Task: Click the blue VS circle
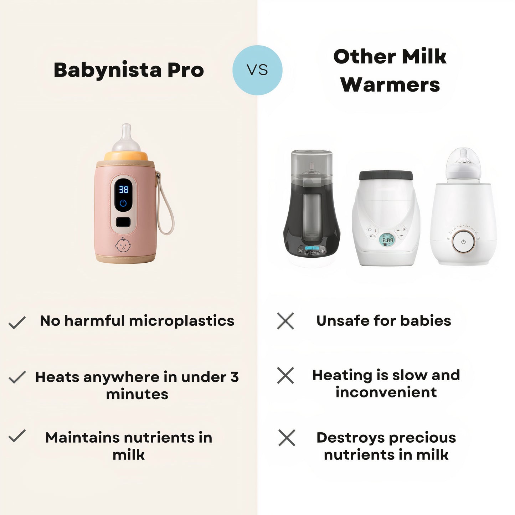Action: coord(257,70)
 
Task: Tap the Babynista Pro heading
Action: coord(129,70)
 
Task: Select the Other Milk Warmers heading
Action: coord(390,71)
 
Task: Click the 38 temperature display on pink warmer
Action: coord(124,189)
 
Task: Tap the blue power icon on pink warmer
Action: coord(123,203)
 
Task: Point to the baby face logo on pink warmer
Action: coord(123,245)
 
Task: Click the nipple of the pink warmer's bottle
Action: coord(126,138)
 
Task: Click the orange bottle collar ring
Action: coord(126,156)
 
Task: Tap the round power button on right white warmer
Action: coord(463,242)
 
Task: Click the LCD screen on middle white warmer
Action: coord(387,240)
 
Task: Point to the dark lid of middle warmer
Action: coord(386,175)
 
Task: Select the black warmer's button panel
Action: coord(312,250)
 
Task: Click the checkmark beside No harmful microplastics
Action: coord(17,322)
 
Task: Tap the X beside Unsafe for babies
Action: coord(285,321)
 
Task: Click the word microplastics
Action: coord(181,321)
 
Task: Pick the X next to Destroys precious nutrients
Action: coord(287,438)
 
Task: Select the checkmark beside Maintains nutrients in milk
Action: coord(17,436)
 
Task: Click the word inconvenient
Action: coord(386,392)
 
